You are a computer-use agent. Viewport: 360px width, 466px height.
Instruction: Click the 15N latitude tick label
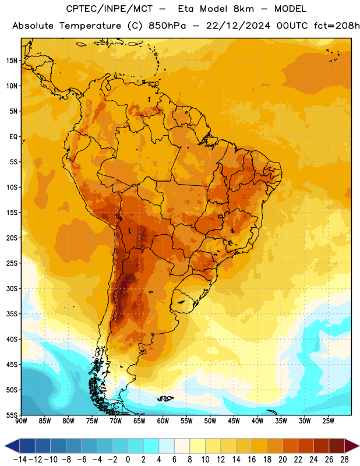pyautogui.click(x=12, y=61)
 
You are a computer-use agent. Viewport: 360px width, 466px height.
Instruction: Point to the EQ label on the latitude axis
pyautogui.click(x=13, y=137)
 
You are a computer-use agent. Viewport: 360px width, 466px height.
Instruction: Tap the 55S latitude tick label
pyautogui.click(x=12, y=415)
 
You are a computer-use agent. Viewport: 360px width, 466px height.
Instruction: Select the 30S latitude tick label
pyautogui.click(x=12, y=288)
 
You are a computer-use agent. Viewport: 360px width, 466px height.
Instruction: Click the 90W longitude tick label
pyautogui.click(x=21, y=421)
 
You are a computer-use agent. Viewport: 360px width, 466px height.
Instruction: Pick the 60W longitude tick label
pyautogui.click(x=163, y=421)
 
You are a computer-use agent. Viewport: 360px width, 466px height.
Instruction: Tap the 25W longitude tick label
pyautogui.click(x=328, y=421)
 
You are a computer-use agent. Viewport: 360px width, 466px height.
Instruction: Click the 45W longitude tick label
pyautogui.click(x=234, y=421)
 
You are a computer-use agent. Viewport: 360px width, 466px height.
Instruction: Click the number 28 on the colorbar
pyautogui.click(x=344, y=460)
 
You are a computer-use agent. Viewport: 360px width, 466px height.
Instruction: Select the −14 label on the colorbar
pyautogui.click(x=20, y=460)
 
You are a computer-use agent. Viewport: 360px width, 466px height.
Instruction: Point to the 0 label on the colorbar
pyautogui.click(x=128, y=460)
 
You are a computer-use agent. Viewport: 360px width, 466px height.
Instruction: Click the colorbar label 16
pyautogui.click(x=252, y=460)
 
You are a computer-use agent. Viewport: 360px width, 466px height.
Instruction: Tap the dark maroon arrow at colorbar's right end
pyautogui.click(x=352, y=446)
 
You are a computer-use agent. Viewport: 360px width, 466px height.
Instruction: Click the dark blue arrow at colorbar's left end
pyautogui.click(x=12, y=446)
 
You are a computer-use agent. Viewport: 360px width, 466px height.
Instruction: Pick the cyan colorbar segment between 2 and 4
pyautogui.click(x=151, y=446)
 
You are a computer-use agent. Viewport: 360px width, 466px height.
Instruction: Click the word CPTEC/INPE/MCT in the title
pyautogui.click(x=110, y=9)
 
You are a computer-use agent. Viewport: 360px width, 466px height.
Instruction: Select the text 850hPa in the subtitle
pyautogui.click(x=167, y=26)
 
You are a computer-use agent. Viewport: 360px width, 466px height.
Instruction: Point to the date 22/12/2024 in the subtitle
pyautogui.click(x=238, y=26)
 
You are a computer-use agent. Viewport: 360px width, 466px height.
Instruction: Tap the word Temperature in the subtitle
pyautogui.click(x=90, y=26)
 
